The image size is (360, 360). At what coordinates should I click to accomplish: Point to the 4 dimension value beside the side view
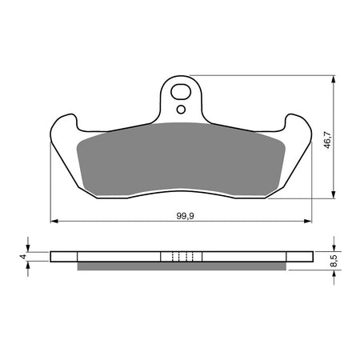22,257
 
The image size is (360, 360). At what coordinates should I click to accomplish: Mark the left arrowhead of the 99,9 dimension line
54,220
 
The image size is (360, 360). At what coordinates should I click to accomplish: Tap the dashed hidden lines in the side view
182,257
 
